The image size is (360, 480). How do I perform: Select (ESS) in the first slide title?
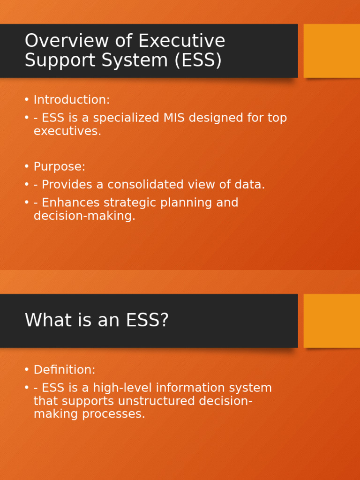pos(197,60)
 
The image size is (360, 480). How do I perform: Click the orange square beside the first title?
pos(331,51)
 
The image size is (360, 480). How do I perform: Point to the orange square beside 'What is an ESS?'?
pos(331,321)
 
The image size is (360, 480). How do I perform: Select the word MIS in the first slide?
pos(175,118)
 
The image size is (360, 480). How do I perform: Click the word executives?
pos(67,131)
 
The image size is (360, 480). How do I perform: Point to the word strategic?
pos(129,203)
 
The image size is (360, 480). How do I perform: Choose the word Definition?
pos(64,370)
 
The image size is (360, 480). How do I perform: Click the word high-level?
pos(122,388)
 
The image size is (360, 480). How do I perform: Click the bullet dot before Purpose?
pos(27,167)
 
